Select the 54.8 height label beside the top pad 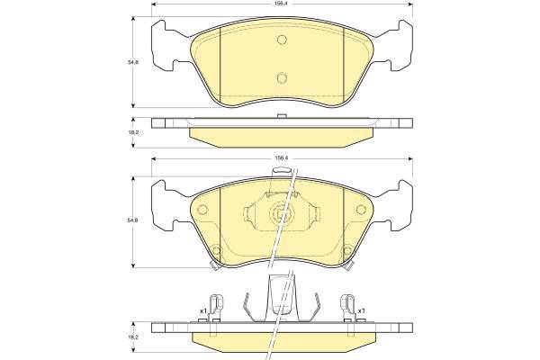coord(129,62)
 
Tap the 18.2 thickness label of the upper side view coord(129,132)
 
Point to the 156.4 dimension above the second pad coord(282,157)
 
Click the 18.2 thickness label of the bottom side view coord(129,338)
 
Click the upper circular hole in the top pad coord(282,40)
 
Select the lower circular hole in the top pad coord(282,78)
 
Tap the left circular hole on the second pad coord(202,210)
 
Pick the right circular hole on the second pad coord(361,210)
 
